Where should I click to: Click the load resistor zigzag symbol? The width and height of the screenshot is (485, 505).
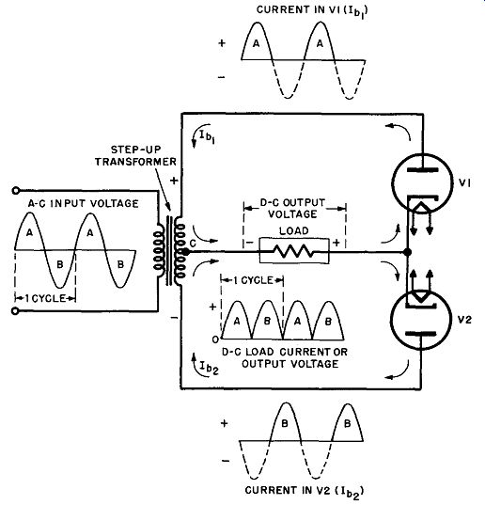(294, 251)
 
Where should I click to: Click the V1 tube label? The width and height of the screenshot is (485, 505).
(465, 183)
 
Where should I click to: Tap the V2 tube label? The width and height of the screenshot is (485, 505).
(465, 320)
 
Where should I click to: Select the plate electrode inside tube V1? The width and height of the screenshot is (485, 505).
(423, 170)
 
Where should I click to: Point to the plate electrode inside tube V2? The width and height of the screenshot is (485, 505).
(421, 334)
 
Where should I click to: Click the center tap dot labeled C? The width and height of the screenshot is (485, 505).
(185, 252)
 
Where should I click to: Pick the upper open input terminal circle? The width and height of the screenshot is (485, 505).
(15, 191)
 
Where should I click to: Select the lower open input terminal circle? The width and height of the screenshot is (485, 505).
(15, 311)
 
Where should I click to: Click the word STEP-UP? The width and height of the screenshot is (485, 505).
(135, 150)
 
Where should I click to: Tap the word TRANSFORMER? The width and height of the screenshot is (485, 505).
(135, 162)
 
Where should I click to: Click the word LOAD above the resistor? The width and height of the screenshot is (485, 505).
(294, 230)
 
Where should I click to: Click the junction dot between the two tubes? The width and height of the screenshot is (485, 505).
(407, 252)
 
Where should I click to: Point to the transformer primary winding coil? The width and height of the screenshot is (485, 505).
(159, 249)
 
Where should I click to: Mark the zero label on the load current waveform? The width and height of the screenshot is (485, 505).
(215, 339)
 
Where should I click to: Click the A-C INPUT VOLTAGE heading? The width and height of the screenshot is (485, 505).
(84, 203)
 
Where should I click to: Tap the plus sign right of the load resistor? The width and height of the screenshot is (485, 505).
(336, 243)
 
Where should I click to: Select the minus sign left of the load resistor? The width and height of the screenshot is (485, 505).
(249, 243)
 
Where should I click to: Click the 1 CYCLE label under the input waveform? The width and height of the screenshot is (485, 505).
(45, 298)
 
